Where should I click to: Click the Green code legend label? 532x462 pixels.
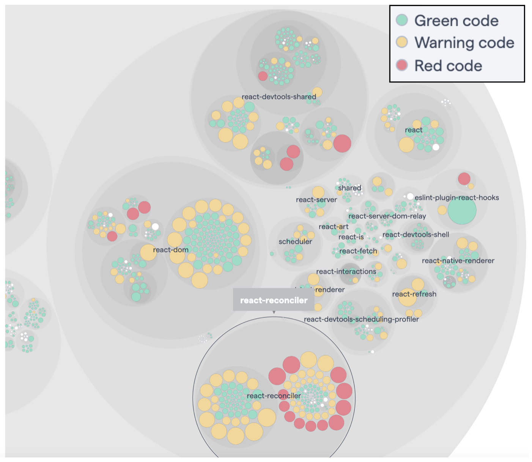tap(456, 21)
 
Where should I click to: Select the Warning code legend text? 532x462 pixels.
tap(464, 43)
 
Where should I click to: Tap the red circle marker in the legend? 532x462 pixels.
tap(402, 65)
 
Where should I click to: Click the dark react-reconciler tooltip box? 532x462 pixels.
tap(274, 300)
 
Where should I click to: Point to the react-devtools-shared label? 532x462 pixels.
tap(279, 97)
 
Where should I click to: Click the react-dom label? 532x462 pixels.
tap(171, 250)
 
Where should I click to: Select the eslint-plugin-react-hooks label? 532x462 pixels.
tap(456, 198)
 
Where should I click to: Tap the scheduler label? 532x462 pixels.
tap(295, 242)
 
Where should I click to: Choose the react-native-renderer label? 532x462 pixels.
tap(458, 261)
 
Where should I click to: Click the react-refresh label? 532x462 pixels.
tap(414, 294)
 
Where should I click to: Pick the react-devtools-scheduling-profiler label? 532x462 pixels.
tap(361, 319)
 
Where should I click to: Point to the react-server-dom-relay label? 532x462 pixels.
tap(387, 216)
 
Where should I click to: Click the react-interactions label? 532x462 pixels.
tap(346, 271)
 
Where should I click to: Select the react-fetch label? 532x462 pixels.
tap(358, 251)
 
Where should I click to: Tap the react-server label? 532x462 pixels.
tap(316, 200)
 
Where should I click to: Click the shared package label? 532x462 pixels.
tap(349, 188)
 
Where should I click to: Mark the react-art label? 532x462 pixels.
tap(334, 227)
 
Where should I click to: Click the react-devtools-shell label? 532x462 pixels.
tap(416, 234)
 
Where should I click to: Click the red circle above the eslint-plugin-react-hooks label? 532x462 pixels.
tap(464, 178)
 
